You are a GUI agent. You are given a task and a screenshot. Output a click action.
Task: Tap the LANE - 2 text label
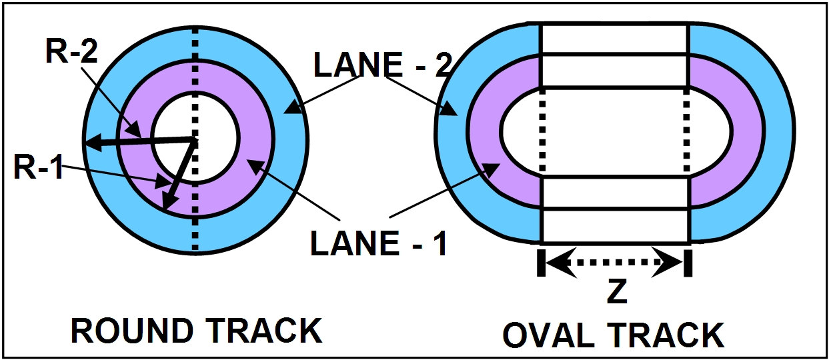[383, 65]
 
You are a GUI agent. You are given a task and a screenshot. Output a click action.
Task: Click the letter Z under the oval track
[617, 292]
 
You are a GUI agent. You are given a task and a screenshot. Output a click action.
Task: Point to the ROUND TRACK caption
[196, 331]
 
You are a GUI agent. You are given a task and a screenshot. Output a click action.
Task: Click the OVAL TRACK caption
[613, 335]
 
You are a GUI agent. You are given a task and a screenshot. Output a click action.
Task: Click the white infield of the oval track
[614, 133]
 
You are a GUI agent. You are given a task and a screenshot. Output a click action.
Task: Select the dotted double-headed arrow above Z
[613, 263]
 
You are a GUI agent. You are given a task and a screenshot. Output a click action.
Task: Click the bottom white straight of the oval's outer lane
[614, 227]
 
